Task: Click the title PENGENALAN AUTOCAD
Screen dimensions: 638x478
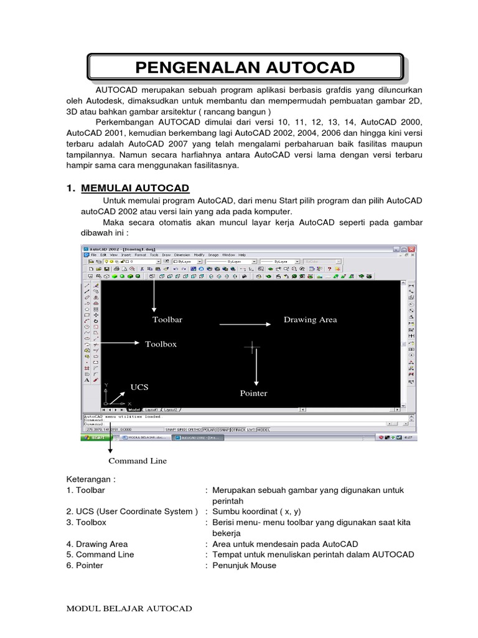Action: [x=245, y=67]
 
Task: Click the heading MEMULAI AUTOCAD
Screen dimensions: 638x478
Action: [x=136, y=188]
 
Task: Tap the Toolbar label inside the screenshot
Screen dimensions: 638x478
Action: [x=167, y=320]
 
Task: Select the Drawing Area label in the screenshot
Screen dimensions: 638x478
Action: [x=310, y=320]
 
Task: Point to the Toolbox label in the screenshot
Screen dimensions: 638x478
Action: [x=161, y=343]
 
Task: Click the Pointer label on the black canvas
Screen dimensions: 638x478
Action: [x=253, y=393]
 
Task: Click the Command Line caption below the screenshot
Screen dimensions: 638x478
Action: [x=138, y=461]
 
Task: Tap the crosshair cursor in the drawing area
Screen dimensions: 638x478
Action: [x=253, y=347]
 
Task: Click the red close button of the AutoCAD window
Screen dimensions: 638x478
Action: [x=411, y=249]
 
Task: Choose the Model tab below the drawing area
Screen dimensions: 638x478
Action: [x=134, y=410]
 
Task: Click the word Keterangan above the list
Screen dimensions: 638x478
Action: [x=91, y=480]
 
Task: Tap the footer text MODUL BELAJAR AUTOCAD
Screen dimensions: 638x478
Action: [x=129, y=608]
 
